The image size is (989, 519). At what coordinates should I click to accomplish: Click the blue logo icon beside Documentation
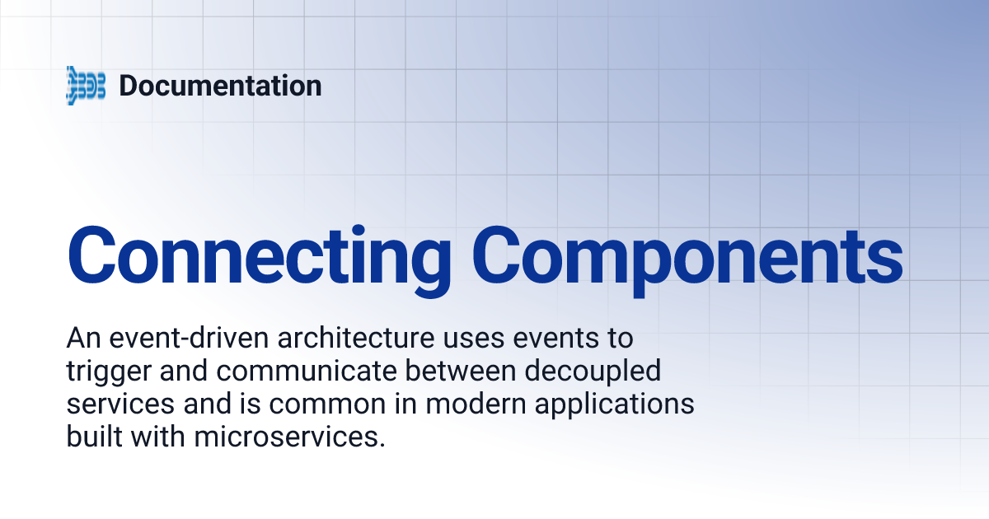[x=86, y=86]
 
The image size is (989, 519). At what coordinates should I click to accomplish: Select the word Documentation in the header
[x=220, y=86]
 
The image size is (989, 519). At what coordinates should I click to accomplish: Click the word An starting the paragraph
[x=81, y=339]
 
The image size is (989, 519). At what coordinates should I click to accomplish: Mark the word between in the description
[x=467, y=372]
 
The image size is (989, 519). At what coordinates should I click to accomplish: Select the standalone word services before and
[x=118, y=405]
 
